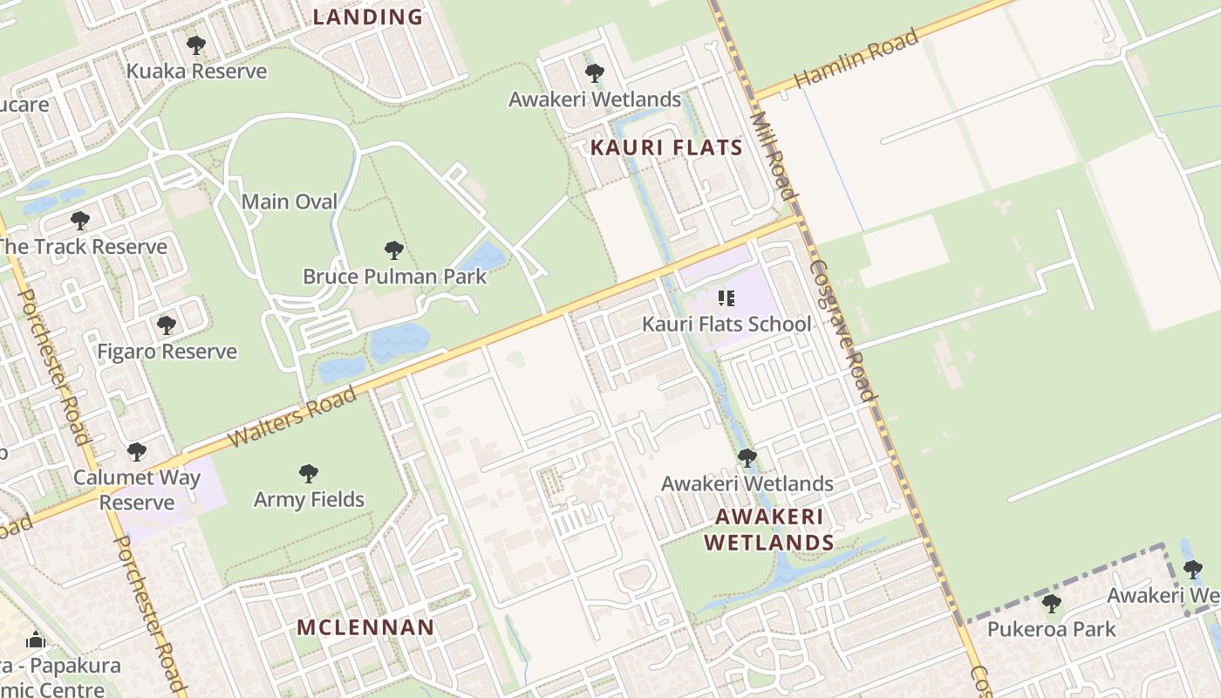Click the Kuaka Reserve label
[196, 71]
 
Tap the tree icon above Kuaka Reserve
[196, 44]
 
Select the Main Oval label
[290, 202]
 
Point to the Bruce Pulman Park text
[394, 277]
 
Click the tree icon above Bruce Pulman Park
[394, 250]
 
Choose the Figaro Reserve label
[167, 352]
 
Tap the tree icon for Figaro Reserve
[167, 325]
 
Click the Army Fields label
[309, 500]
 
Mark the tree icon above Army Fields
[309, 474]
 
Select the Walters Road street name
[293, 417]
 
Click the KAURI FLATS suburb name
[666, 147]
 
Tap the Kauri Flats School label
[726, 325]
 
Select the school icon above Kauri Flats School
[726, 298]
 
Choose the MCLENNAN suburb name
[365, 627]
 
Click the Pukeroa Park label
[1051, 629]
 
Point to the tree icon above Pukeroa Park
[1051, 603]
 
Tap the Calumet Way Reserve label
[137, 489]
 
